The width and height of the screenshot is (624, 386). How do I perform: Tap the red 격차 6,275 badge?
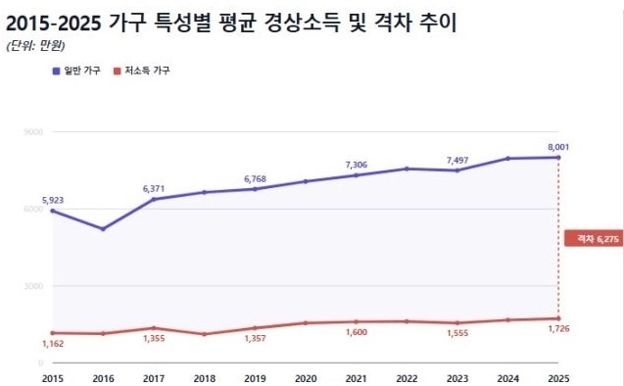[x=593, y=237]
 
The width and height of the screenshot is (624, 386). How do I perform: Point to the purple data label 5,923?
[x=52, y=200]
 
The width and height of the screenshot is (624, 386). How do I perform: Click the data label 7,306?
[x=356, y=165]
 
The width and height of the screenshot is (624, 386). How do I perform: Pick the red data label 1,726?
[x=555, y=329]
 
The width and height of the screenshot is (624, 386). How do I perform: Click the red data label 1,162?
[x=52, y=344]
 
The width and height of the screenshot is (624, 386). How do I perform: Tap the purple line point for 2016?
[x=103, y=229]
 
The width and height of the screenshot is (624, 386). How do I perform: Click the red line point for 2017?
[x=154, y=328]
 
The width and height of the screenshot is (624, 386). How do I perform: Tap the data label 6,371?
[x=154, y=188]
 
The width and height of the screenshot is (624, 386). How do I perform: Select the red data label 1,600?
[x=356, y=333]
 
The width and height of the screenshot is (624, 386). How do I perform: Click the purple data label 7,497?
[x=457, y=160]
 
